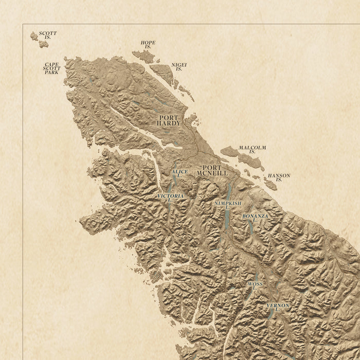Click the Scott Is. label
(x=48, y=35)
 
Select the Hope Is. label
(x=148, y=45)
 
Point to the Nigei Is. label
(x=179, y=67)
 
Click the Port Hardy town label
(x=169, y=120)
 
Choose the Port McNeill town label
(x=212, y=170)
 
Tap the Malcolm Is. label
(x=252, y=150)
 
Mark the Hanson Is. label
(x=279, y=177)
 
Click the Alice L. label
(x=179, y=173)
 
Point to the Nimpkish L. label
(x=227, y=205)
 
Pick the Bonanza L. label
(x=255, y=218)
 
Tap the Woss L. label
(x=255, y=286)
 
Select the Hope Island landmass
(x=143, y=56)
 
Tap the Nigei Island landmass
(x=163, y=74)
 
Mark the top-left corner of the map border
(x=23, y=24)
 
